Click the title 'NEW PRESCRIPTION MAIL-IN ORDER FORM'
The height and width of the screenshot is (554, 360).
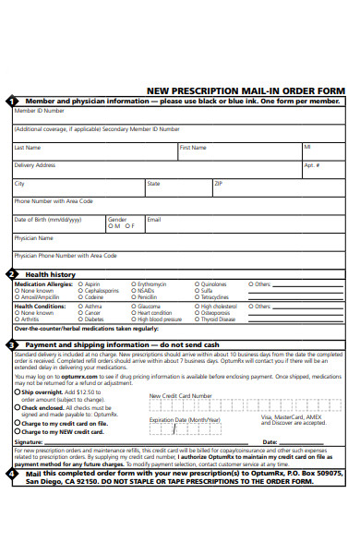[x=246, y=90]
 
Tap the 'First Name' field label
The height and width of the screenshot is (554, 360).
[x=192, y=147]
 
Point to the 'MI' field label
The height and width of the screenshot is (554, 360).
[x=307, y=147]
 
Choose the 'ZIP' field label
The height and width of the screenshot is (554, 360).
[x=219, y=183]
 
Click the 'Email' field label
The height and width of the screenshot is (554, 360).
[x=153, y=219]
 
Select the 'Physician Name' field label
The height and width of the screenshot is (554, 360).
[x=33, y=237]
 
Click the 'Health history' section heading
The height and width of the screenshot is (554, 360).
[x=50, y=274]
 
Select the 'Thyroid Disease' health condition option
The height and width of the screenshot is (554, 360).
[x=215, y=319]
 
